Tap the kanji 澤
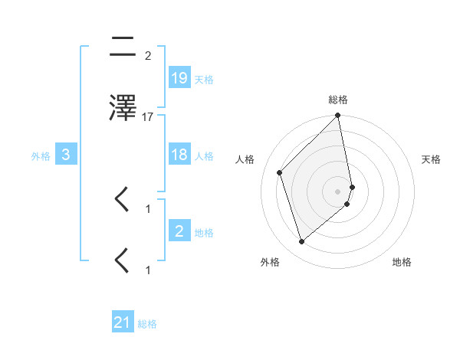click(123, 109)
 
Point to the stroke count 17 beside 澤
click(148, 117)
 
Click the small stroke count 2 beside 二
click(147, 56)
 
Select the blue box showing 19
click(179, 78)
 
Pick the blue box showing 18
click(179, 155)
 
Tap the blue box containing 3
click(66, 155)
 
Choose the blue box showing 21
click(123, 322)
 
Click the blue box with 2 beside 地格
click(179, 231)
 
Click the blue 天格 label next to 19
click(204, 80)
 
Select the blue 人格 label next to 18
click(204, 156)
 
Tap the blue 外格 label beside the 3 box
click(41, 156)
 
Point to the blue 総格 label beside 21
click(147, 324)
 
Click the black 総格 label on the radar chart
click(338, 100)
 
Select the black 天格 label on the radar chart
click(432, 159)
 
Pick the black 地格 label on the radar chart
click(402, 262)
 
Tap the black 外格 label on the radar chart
click(270, 262)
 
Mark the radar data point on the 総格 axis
click(338, 116)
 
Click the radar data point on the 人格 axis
click(280, 172)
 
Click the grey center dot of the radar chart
click(338, 191)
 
